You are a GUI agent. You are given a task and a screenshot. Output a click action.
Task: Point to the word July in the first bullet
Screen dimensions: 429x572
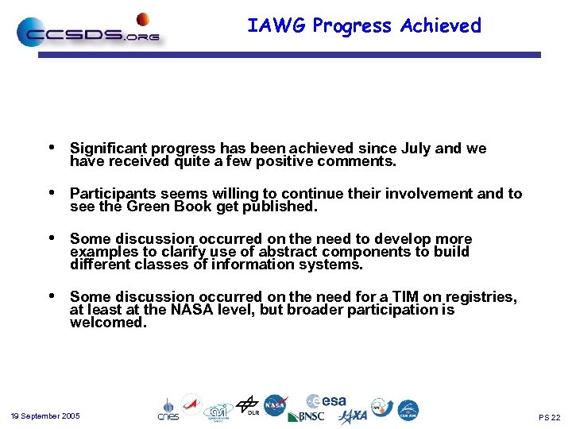pos(417,149)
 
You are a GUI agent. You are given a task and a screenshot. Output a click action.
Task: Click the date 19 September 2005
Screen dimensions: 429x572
pos(44,416)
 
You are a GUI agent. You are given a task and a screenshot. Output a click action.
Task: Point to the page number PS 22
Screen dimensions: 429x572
pos(549,417)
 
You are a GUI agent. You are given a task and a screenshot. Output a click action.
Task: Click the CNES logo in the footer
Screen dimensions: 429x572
pos(168,410)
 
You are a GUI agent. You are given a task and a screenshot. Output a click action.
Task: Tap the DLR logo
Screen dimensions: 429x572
pos(248,405)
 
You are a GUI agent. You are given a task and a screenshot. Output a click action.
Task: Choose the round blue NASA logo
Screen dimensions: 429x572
pos(276,405)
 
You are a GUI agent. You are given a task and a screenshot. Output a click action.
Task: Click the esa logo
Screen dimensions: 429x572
pos(326,401)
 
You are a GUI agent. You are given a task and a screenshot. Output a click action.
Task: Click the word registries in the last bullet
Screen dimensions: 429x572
pos(481,297)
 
